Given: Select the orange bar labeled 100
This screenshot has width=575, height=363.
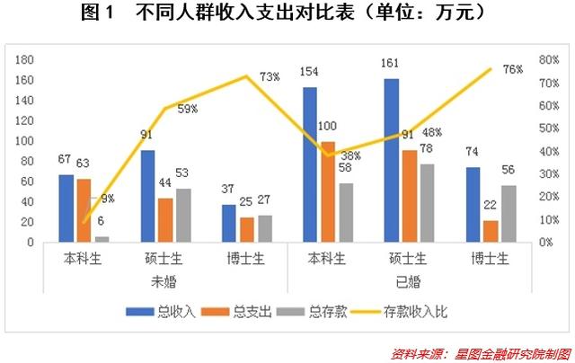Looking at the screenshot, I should click(x=328, y=191).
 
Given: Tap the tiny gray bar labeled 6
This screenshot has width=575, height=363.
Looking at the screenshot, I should click(x=102, y=239).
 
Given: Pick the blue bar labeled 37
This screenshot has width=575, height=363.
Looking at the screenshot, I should click(x=229, y=223).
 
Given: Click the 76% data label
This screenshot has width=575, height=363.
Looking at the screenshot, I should click(x=513, y=70).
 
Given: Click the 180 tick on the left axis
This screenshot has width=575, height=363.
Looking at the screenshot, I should click(x=24, y=60).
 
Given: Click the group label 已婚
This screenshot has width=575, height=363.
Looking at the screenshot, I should click(x=409, y=279).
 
